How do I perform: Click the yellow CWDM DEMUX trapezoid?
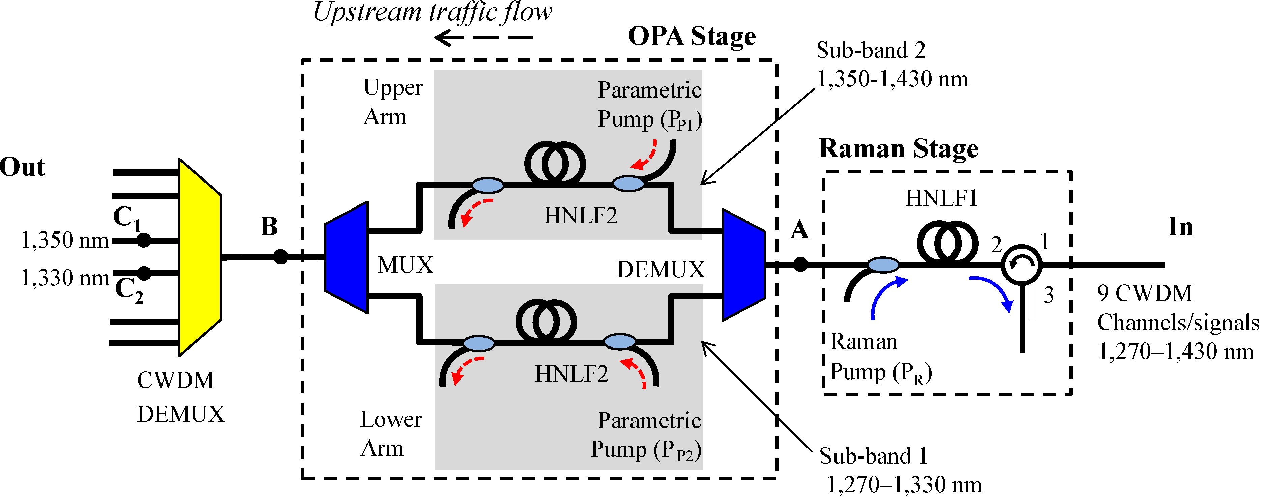[198, 257]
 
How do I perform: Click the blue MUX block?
[347, 257]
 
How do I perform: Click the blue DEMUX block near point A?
[743, 265]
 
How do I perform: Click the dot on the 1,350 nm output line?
[144, 241]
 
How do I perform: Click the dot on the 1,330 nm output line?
[144, 273]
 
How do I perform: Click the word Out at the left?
[22, 167]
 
